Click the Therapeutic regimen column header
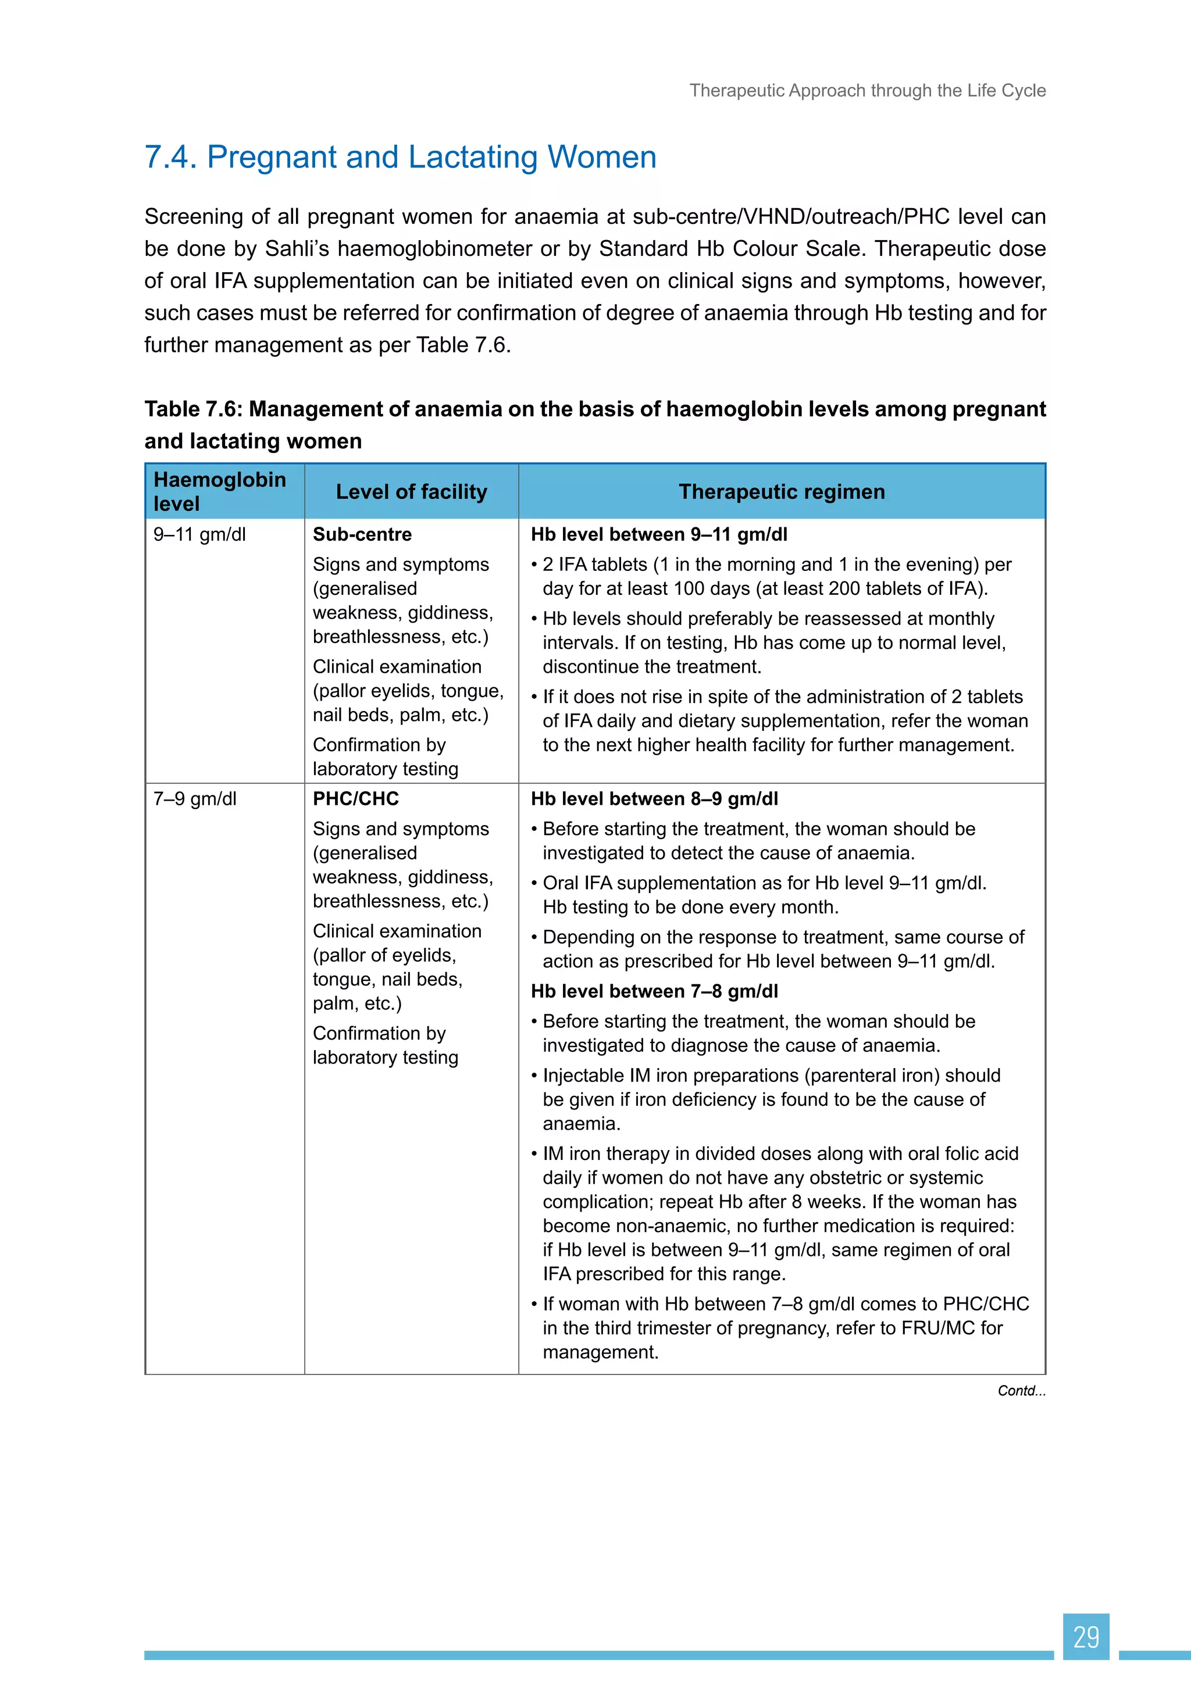(781, 491)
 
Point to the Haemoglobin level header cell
(219, 491)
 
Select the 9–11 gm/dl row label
(199, 534)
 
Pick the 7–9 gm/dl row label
(195, 798)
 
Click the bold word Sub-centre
(362, 534)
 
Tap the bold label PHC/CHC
(355, 798)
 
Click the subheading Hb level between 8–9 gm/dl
(654, 798)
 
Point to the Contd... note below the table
(1021, 1390)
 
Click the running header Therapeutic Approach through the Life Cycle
(868, 90)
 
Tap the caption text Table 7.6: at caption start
(193, 409)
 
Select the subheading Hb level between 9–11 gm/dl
(658, 534)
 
